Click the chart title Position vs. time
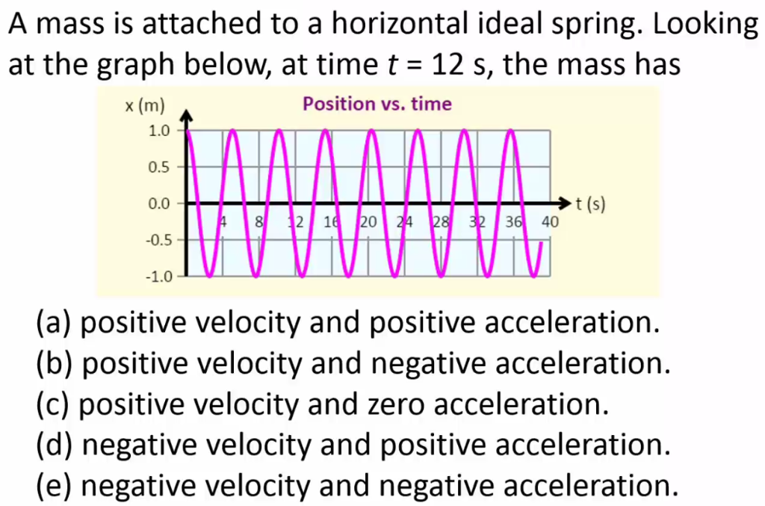[x=377, y=104]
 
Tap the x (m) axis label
[x=144, y=105]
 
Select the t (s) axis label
[x=588, y=203]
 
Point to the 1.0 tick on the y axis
[x=159, y=131]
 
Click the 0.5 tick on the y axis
[x=159, y=167]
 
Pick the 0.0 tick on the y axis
[x=159, y=203]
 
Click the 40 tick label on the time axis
[x=550, y=222]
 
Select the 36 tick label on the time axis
[x=513, y=222]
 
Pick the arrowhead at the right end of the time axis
[x=566, y=203]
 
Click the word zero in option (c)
[x=394, y=404]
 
